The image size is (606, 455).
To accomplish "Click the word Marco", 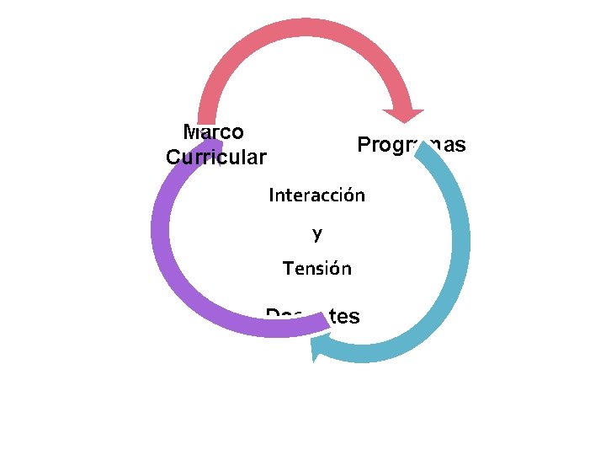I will [214, 132].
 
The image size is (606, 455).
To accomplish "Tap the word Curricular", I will [216, 158].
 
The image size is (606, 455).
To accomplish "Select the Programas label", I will [411, 145].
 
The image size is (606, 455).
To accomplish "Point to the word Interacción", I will [316, 195].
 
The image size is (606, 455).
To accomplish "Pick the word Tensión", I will [316, 269].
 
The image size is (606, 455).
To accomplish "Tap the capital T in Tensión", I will [288, 269].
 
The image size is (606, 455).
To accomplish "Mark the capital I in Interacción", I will [271, 195].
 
